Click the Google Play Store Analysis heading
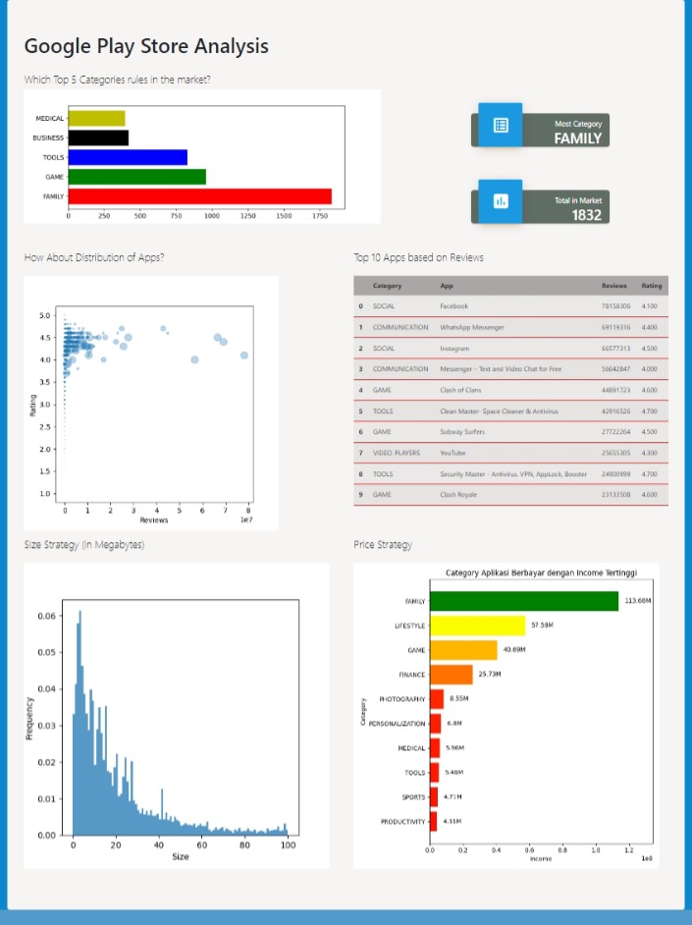pos(145,46)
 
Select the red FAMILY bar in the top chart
pos(199,196)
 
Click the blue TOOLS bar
pos(128,157)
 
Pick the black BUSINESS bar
pos(98,137)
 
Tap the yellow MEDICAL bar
pos(96,119)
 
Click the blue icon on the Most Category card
pos(501,126)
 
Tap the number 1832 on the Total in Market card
pos(586,215)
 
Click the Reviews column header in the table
pos(613,286)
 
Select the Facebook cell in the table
pos(454,306)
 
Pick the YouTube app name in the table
pos(453,453)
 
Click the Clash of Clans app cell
pos(460,390)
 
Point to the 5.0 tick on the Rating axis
pos(45,316)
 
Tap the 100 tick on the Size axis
pos(287,844)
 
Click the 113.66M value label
pos(639,601)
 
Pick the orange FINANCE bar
pos(451,675)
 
